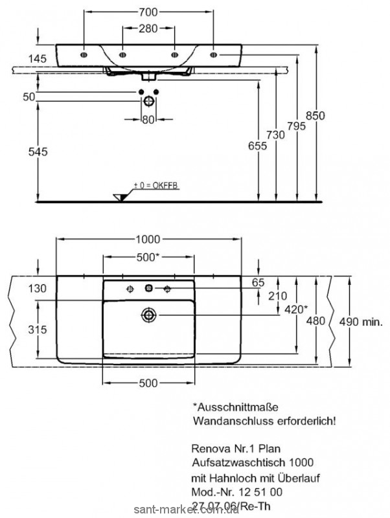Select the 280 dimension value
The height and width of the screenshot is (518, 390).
pos(148,28)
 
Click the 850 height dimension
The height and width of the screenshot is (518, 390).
pos(315,115)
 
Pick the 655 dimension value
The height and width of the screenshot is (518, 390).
pos(257,146)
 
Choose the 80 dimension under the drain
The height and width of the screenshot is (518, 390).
pos(148,118)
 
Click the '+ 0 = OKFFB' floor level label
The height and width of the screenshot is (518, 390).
pos(155,186)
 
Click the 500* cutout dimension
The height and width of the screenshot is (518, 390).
pos(148,257)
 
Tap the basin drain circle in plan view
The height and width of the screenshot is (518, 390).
pos(149,315)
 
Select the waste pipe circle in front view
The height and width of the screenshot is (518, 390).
pos(149,101)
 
